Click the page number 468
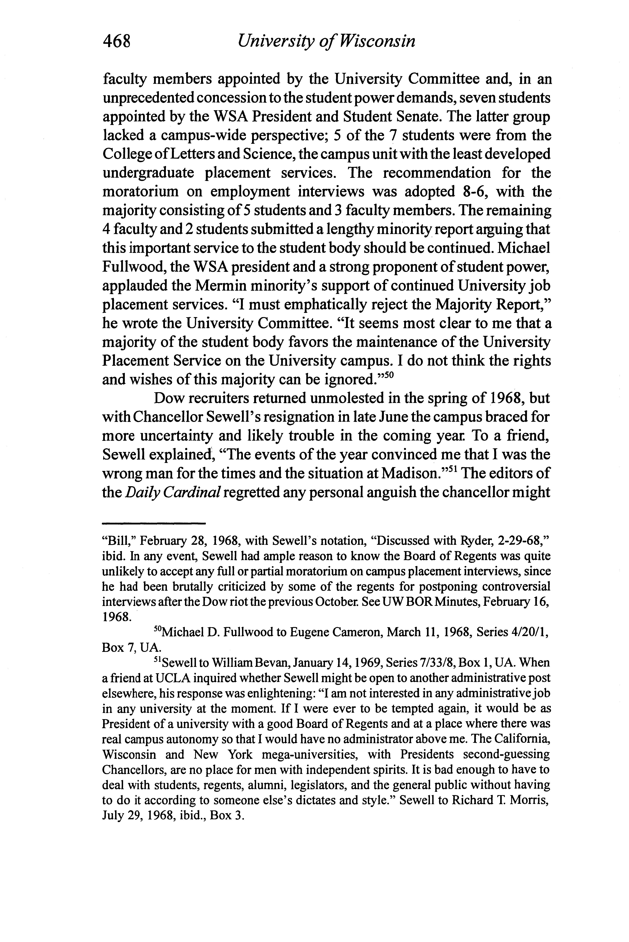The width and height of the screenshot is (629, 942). (117, 42)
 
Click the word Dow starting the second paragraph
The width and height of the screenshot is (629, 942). (168, 399)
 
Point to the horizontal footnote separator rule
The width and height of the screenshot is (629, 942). (154, 523)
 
